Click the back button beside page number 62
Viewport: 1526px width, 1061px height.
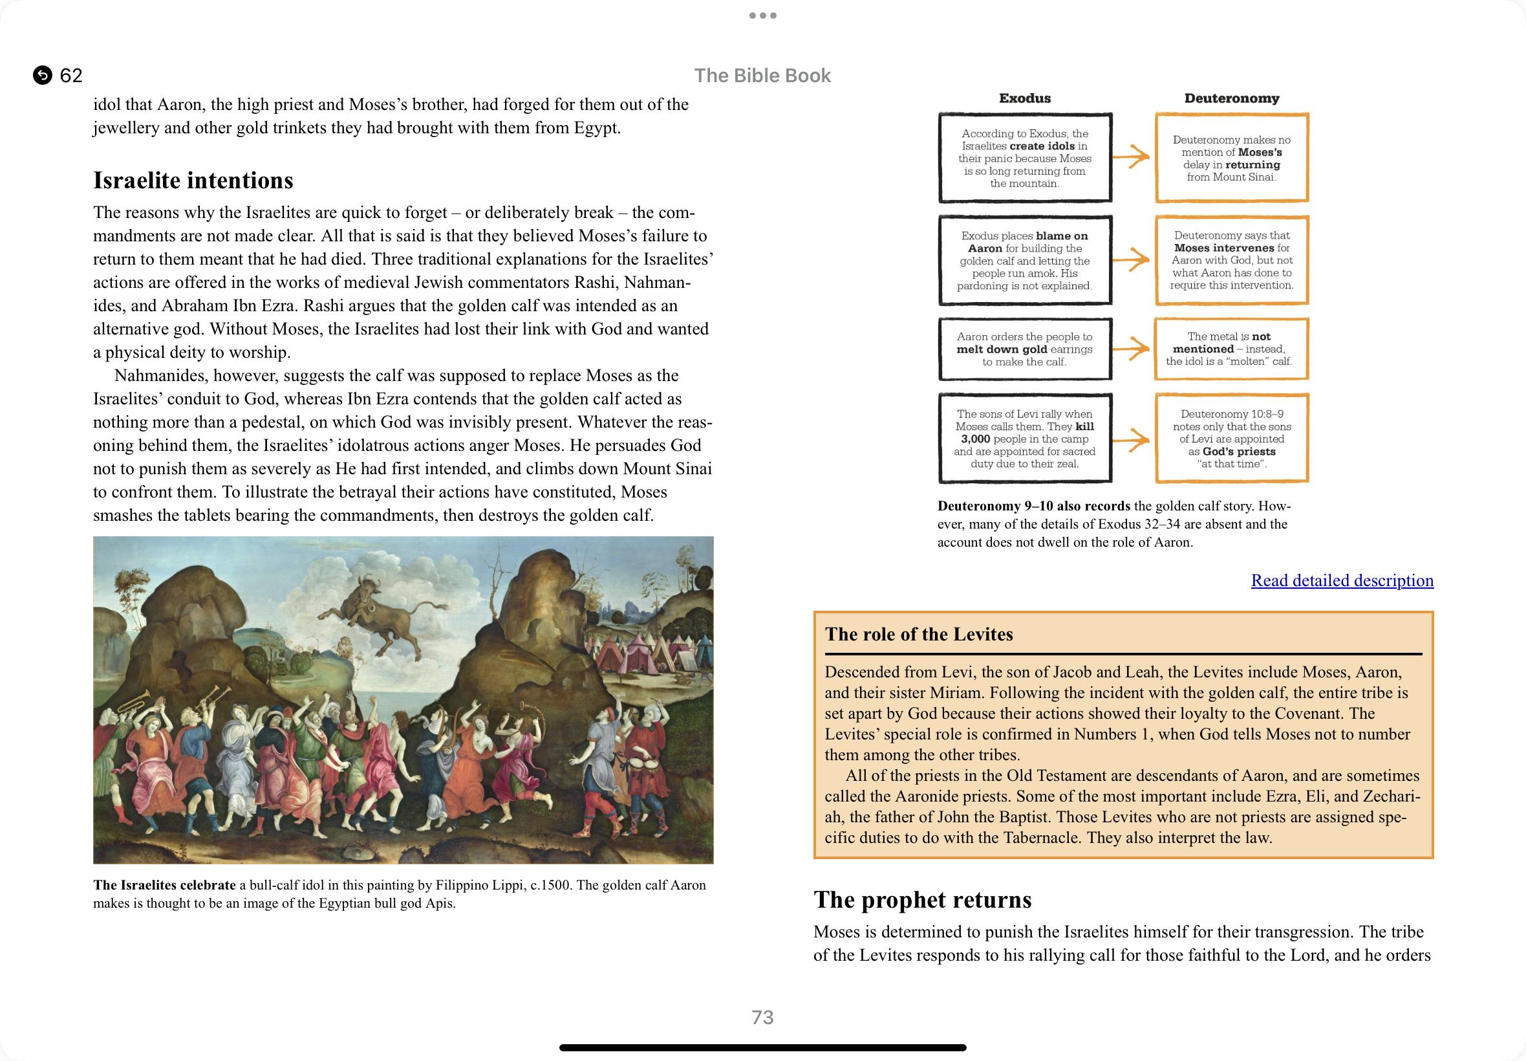coord(43,75)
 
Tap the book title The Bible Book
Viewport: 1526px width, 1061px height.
coord(762,76)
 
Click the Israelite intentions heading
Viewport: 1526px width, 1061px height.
coord(193,180)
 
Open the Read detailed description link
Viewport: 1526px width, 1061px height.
coord(1341,580)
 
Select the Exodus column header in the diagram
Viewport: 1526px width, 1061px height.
coord(1024,98)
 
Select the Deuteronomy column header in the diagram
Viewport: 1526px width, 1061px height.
coord(1231,98)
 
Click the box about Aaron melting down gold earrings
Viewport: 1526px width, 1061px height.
coord(1024,349)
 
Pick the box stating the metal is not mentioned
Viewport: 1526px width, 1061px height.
coord(1231,349)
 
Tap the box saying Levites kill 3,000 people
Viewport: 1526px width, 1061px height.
coord(1024,438)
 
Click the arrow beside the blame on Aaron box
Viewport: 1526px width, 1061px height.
coord(1132,259)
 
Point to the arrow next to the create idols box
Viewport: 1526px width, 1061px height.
coord(1132,157)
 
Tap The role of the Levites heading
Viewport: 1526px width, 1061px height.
coord(919,634)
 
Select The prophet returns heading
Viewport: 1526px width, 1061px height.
coord(922,899)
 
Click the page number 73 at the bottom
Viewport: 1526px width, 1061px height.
coord(762,1017)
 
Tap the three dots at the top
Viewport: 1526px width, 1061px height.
coord(762,16)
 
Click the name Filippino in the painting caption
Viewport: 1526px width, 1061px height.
coord(465,885)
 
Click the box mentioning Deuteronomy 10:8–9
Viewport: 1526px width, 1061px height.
coord(1231,438)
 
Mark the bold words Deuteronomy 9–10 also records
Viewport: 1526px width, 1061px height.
coord(1033,506)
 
